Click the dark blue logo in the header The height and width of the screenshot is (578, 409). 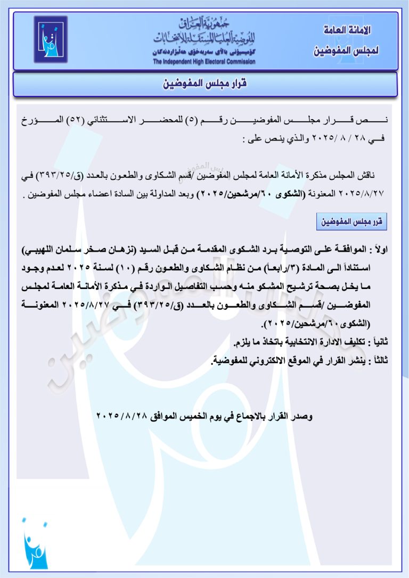[x=51, y=39]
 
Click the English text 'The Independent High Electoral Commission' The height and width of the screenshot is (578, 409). [x=204, y=62]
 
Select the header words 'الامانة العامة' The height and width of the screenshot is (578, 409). [x=346, y=30]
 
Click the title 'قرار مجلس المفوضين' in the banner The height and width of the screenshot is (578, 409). [x=204, y=84]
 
